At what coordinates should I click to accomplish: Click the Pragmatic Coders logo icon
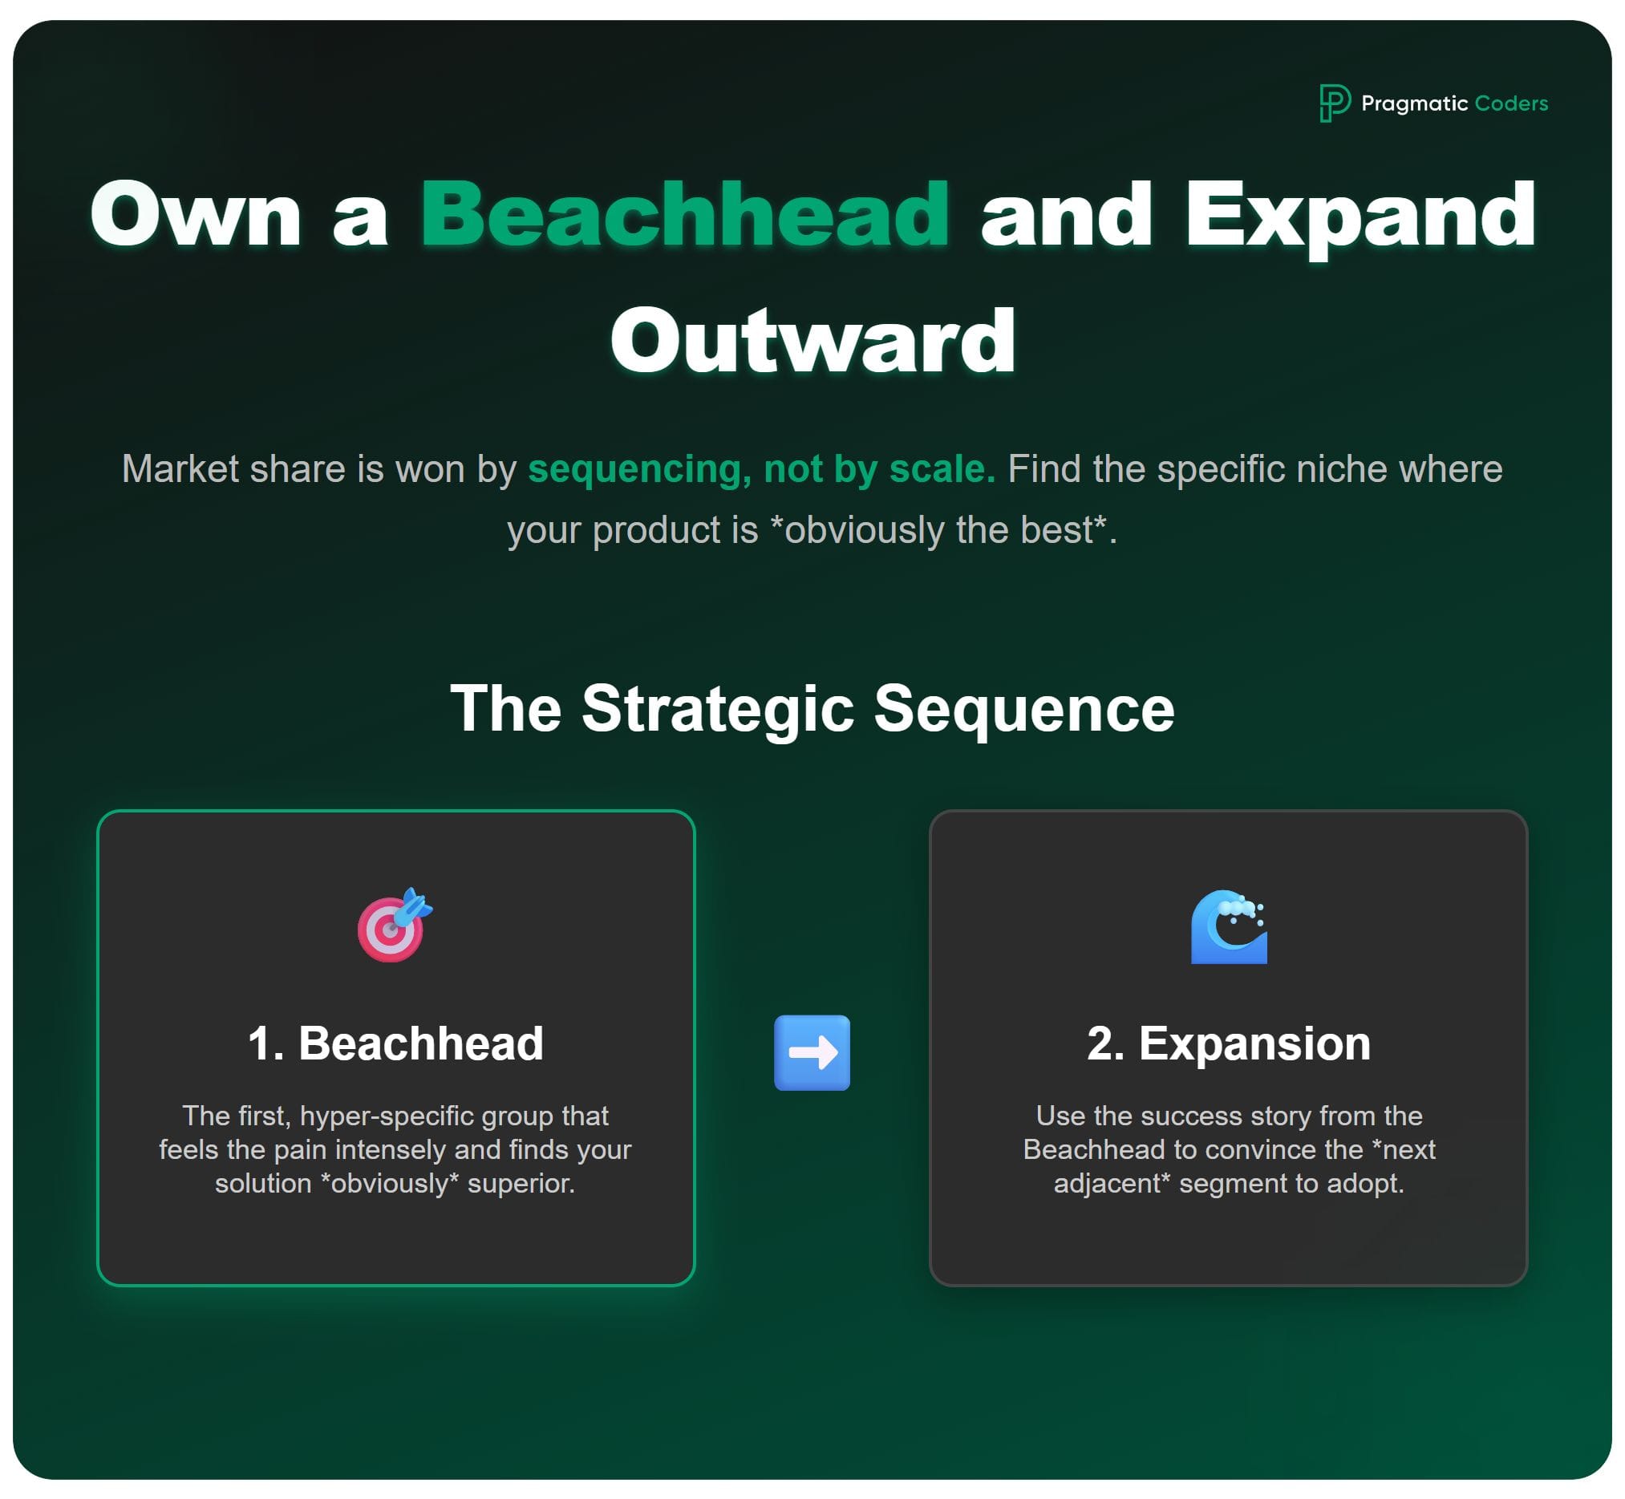coord(1333,103)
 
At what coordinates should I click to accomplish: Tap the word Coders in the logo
coord(1510,103)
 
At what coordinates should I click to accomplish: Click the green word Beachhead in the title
coord(685,215)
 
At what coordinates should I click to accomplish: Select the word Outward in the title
coord(812,341)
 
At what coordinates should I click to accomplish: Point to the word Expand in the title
coord(1359,215)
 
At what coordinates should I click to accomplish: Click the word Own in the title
coord(196,215)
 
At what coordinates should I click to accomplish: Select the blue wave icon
coord(1228,926)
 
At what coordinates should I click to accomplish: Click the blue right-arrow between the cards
coord(812,1053)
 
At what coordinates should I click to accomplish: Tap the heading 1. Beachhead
coord(395,1043)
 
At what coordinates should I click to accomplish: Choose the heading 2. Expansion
coord(1228,1043)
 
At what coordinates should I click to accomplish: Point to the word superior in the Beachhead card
coord(521,1184)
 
